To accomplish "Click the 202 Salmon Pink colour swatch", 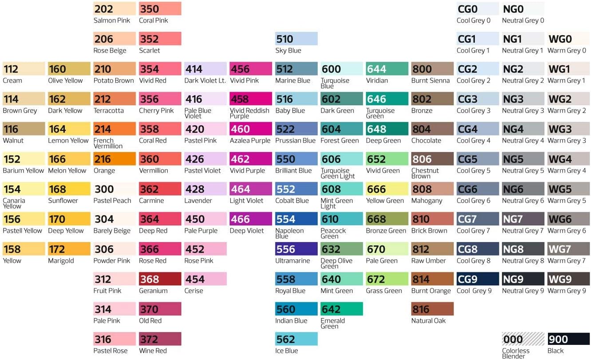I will (114, 9).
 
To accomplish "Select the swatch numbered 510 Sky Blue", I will (296, 39).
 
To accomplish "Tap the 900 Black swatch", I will (568, 339).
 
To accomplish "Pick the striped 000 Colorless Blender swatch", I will (523, 339).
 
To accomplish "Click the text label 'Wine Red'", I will (153, 351).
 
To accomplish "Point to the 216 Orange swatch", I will (114, 159).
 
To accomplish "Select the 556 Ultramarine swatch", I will (296, 249).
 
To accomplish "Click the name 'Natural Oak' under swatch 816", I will (428, 321).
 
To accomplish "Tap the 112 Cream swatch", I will (24, 69).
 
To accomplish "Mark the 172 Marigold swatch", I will (69, 249).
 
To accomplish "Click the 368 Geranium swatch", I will (160, 279).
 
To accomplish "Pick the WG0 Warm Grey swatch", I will (568, 39).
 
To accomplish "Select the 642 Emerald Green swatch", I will (342, 309).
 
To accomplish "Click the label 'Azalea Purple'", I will (250, 141).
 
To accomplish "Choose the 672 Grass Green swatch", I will (387, 279).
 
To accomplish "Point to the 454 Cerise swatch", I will (205, 279).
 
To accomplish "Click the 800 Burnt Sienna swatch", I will (433, 69).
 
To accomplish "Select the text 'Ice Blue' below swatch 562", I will (287, 351).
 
